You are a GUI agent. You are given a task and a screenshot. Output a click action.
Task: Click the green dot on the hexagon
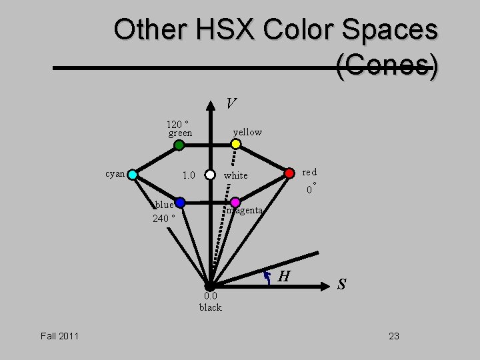179,145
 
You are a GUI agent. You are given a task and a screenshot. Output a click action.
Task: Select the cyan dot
133,175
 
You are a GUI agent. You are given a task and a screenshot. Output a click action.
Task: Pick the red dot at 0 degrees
289,173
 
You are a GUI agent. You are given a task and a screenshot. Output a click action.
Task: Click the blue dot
179,203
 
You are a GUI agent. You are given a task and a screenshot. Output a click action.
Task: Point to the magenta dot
235,202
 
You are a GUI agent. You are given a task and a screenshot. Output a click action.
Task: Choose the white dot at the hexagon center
210,175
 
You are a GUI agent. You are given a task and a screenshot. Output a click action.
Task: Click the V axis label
230,103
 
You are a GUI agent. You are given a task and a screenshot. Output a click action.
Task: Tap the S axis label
341,284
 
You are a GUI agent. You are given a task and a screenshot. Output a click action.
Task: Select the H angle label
283,276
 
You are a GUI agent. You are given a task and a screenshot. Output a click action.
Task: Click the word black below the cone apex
210,307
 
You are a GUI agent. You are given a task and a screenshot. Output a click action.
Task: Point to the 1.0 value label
189,175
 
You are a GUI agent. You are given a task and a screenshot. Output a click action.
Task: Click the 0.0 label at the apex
211,296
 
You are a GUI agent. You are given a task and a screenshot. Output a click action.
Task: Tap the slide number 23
394,336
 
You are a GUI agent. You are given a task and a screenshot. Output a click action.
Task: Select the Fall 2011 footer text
59,336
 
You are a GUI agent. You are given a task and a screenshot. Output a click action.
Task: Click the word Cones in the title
387,67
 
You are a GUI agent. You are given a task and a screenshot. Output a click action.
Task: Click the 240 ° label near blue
164,218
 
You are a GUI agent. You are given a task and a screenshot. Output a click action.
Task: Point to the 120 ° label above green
177,123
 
